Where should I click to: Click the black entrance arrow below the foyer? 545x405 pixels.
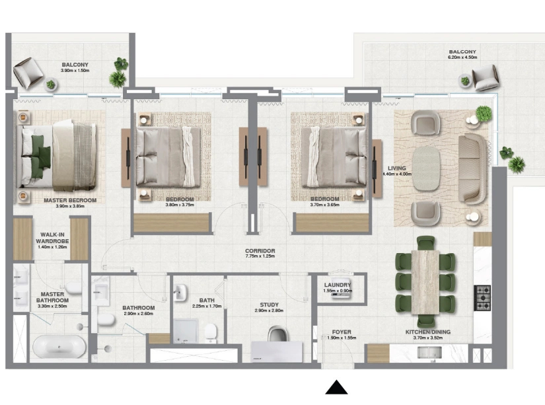(x=336, y=388)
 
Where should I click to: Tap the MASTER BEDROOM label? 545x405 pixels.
(x=70, y=200)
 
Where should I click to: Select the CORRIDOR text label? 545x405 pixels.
(x=260, y=250)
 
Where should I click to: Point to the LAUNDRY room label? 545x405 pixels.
(x=338, y=285)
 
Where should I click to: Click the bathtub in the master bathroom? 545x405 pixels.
(x=59, y=346)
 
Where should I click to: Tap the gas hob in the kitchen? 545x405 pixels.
(x=482, y=298)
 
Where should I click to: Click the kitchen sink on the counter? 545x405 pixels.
(x=429, y=351)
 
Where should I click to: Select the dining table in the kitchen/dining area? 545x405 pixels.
(x=425, y=282)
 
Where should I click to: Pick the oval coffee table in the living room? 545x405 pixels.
(x=426, y=168)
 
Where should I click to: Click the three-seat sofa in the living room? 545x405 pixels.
(x=472, y=168)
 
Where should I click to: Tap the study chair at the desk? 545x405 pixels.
(x=278, y=334)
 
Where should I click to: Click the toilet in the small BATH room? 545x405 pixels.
(x=211, y=332)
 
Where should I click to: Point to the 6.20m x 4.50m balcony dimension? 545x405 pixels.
(x=462, y=57)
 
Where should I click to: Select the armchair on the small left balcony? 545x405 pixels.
(x=28, y=73)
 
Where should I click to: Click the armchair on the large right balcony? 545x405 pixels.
(x=486, y=77)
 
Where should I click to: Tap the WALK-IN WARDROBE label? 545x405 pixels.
(x=52, y=238)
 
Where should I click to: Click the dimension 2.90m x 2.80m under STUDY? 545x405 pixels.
(x=269, y=311)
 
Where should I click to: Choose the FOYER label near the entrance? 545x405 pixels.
(x=342, y=332)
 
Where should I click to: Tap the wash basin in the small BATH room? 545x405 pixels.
(x=180, y=292)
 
